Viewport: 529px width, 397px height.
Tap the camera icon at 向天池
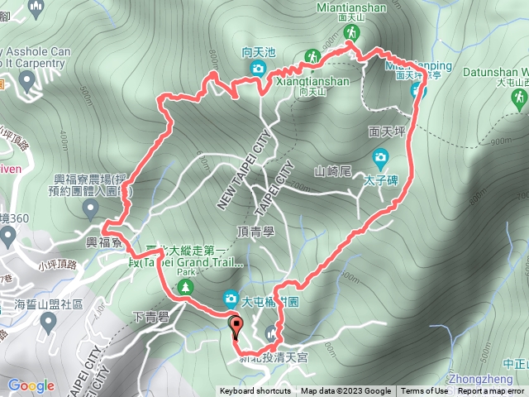[x=258, y=68]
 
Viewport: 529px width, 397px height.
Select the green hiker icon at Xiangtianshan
[x=313, y=56]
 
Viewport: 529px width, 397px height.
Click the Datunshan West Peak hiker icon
[x=518, y=98]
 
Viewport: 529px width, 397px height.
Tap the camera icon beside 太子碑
[x=380, y=156]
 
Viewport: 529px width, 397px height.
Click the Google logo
[x=31, y=385]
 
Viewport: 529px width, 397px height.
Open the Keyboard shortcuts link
[x=255, y=391]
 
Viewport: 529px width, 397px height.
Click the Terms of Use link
[x=425, y=391]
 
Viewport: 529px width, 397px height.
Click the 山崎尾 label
[x=333, y=172]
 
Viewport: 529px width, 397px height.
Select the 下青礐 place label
[x=150, y=317]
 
